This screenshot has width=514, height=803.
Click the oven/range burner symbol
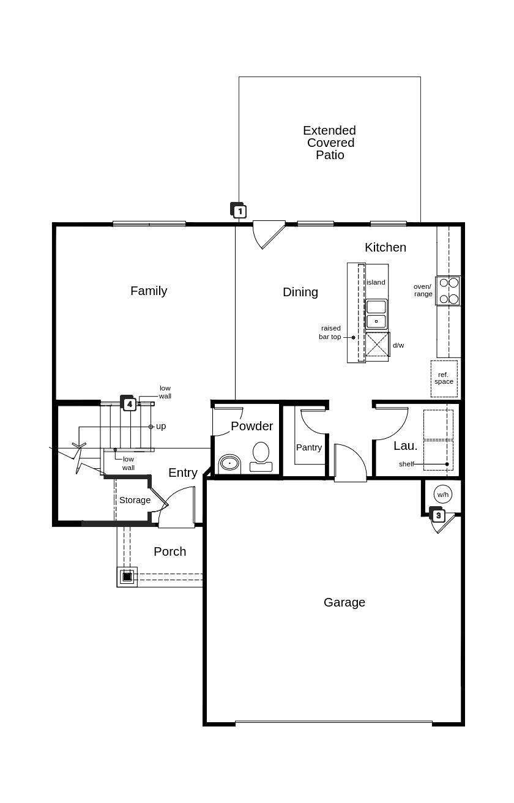coord(448,290)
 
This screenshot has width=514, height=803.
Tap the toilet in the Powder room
coord(261,457)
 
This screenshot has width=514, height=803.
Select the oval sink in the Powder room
coord(229,463)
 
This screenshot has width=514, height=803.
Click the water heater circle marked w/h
coord(442,495)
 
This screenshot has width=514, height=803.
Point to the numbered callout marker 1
coord(239,210)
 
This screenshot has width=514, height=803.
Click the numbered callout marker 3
coord(438,515)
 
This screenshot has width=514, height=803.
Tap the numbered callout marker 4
coord(128,403)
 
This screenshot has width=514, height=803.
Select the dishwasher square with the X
coord(378,345)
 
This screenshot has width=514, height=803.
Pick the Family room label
coord(149,291)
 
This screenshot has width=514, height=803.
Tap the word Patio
coord(330,155)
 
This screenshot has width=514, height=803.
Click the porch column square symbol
coord(127,577)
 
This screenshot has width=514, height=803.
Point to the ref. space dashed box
coord(444,379)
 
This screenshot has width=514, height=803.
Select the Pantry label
coord(308,447)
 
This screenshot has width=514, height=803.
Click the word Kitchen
coord(386,247)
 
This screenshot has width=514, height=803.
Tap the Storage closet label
coord(135,500)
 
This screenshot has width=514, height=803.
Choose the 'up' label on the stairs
coord(160,427)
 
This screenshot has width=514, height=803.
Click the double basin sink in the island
coord(376,315)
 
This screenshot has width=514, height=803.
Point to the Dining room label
coord(300,292)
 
